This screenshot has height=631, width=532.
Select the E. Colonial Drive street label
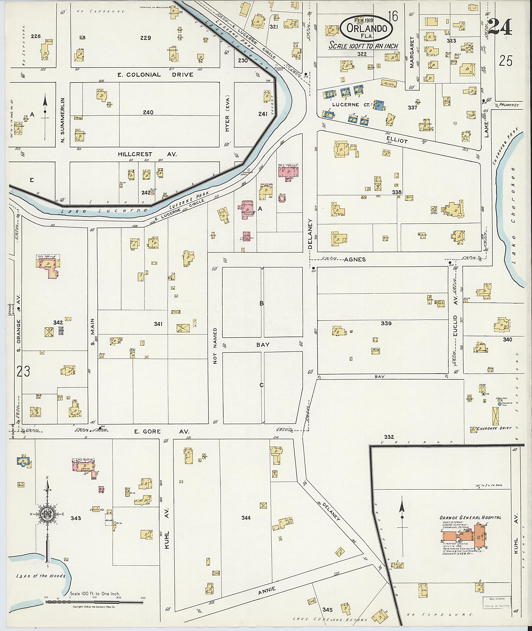point(156,75)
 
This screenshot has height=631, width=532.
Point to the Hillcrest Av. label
point(147,154)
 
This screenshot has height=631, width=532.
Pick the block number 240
point(148,112)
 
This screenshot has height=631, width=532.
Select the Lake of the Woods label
point(41,576)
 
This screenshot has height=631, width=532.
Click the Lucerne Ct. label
point(346,105)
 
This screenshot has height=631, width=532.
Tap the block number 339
point(386,323)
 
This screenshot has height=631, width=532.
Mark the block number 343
point(76,518)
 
